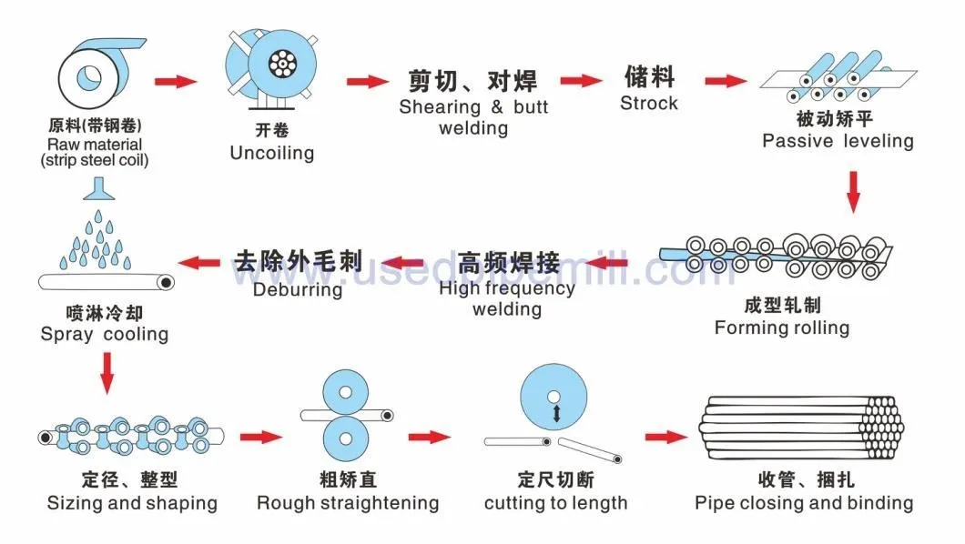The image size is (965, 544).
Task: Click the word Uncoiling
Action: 272,153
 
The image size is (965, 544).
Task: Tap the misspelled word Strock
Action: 649,104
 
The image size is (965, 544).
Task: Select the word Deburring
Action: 298,289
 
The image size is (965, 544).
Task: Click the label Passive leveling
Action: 838,141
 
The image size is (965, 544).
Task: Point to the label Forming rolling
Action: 782,327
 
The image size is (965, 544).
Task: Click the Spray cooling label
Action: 104,335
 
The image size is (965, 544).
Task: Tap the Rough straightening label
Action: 348,503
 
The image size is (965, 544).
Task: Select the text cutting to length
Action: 555,503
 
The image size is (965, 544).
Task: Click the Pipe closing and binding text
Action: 804,503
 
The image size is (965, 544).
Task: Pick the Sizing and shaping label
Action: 132,503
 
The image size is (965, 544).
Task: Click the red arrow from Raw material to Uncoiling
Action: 176,81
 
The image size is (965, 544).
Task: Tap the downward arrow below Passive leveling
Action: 853,192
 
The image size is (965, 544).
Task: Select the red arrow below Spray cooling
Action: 107,373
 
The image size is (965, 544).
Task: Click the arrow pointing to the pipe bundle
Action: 665,437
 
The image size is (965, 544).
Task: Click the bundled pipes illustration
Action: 801,428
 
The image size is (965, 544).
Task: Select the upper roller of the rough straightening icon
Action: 345,392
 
